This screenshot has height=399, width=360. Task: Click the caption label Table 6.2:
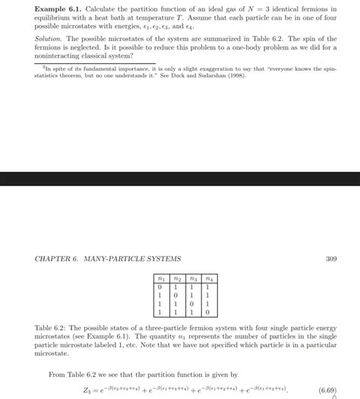[51, 328]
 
